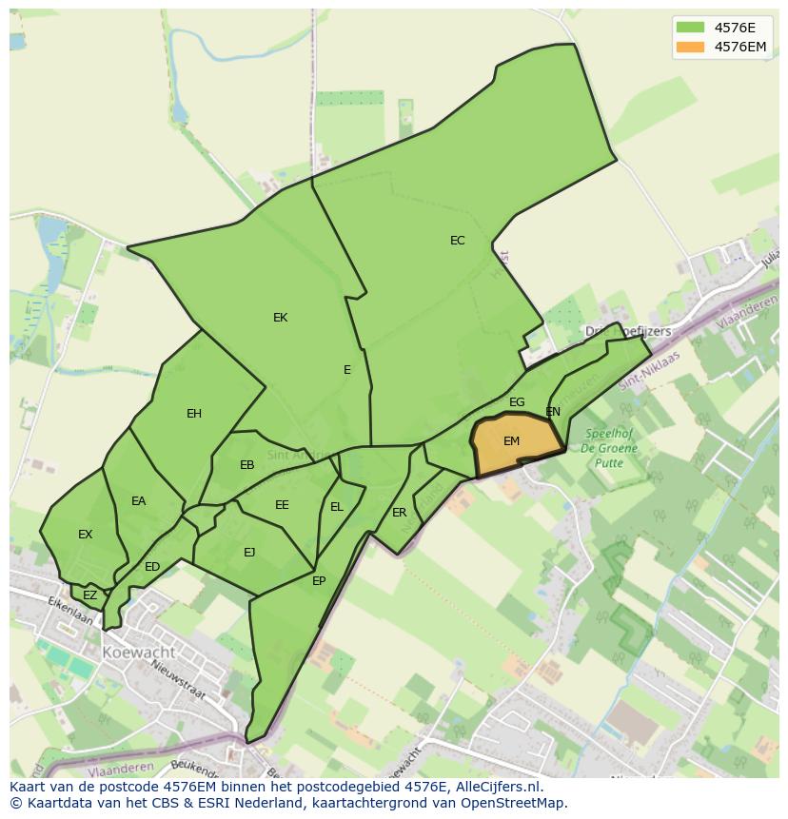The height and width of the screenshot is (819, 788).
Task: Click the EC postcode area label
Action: pos(458,241)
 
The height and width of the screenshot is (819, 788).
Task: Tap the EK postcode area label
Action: pos(280,318)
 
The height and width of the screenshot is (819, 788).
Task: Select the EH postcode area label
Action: pos(194,414)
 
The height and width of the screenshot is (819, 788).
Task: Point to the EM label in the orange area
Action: pos(512,441)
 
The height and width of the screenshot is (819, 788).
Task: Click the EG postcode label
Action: pos(517,402)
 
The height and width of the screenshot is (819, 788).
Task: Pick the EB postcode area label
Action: pos(247,465)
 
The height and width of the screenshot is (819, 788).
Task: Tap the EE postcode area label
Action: pos(282,505)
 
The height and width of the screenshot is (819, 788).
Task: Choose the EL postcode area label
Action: pos(337,507)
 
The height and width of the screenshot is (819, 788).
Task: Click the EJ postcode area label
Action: pos(249,553)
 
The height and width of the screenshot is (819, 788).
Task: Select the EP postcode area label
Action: pos(319,581)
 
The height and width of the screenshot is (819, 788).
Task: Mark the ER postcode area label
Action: pos(400,513)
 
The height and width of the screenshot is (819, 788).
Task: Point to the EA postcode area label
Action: pos(139,501)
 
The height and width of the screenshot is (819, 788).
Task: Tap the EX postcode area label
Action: pos(86,535)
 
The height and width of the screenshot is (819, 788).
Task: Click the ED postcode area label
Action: pos(152,568)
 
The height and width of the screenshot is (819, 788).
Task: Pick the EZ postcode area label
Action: pos(90,596)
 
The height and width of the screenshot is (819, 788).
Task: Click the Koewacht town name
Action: pos(140,653)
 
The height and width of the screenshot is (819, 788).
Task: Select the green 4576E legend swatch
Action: pos(691,28)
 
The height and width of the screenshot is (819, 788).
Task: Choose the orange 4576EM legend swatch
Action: pos(691,47)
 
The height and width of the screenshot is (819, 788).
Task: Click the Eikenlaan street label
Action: pos(72,610)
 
